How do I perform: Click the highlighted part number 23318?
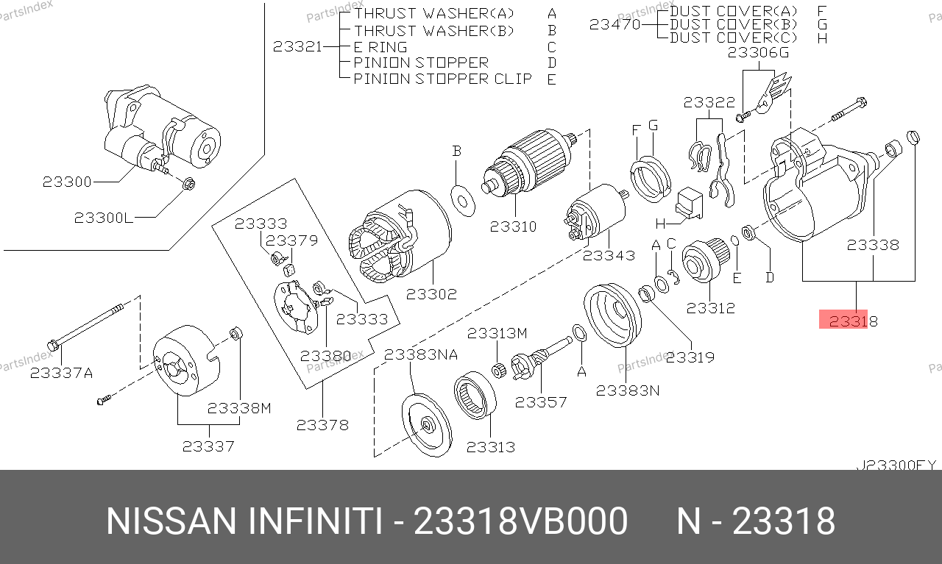pos(853,321)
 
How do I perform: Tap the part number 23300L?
pos(104,218)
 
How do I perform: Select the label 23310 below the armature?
pos(514,226)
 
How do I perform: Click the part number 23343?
pos(609,255)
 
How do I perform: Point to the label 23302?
pos(431,294)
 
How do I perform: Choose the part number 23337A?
pos(61,373)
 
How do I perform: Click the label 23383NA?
pos(421,354)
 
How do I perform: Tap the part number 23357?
pos(541,402)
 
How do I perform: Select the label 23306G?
pos(758,52)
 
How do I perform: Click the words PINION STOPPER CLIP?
pos(443,79)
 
